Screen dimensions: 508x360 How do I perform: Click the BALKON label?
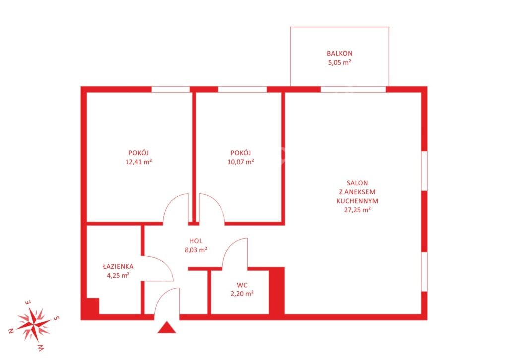click(339, 53)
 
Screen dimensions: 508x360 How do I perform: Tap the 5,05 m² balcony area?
click(339, 62)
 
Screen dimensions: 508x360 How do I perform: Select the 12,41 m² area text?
click(139, 162)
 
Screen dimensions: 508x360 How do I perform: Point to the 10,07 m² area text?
click(241, 162)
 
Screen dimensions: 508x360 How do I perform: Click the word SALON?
click(357, 183)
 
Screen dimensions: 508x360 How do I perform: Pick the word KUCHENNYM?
click(357, 201)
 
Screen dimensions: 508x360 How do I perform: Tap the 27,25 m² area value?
click(357, 210)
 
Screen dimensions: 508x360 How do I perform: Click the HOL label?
click(196, 241)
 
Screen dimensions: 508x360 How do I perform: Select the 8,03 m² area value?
click(196, 250)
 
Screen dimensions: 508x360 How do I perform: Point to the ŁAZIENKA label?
click(118, 266)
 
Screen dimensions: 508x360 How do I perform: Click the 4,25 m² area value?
click(118, 276)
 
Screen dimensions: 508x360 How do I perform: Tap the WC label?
click(242, 285)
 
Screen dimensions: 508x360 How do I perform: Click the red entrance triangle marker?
click(167, 328)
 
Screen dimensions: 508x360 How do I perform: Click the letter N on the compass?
click(11, 331)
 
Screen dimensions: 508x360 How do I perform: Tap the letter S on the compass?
click(57, 318)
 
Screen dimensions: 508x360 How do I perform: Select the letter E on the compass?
click(28, 303)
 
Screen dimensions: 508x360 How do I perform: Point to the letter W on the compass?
click(41, 348)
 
